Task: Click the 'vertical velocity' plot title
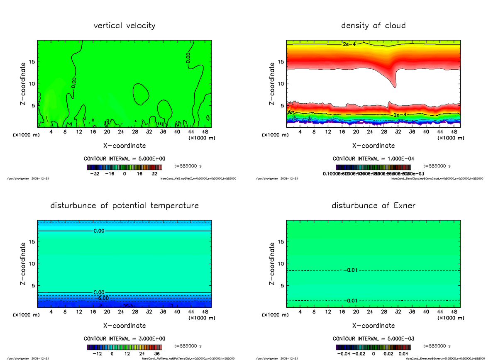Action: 124,26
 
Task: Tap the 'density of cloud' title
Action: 373,26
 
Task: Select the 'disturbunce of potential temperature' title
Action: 124,206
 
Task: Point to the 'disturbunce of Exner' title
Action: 373,206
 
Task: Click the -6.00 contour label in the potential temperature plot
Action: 101,298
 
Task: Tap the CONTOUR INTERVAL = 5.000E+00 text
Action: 124,159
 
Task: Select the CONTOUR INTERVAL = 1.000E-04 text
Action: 373,159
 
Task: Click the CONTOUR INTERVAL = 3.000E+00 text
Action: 124,338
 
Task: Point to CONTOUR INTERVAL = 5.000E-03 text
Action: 373,338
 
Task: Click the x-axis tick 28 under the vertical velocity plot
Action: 135,132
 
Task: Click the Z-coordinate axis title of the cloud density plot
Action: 272,83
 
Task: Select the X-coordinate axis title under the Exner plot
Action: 373,326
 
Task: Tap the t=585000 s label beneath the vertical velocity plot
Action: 188,166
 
